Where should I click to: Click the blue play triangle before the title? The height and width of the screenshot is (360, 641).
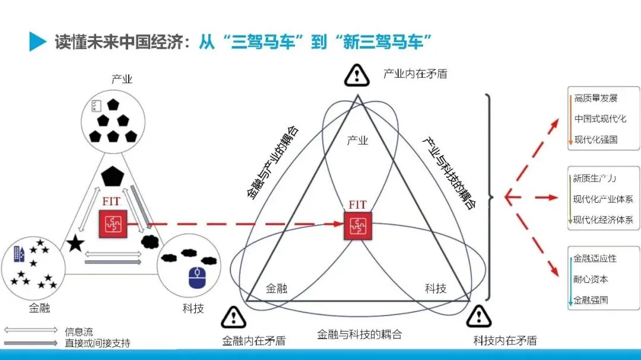click(x=37, y=42)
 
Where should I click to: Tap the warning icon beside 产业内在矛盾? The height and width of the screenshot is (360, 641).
click(x=357, y=75)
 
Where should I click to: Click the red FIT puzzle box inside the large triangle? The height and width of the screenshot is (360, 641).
click(x=357, y=226)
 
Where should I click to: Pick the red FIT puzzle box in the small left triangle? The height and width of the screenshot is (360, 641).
click(x=111, y=223)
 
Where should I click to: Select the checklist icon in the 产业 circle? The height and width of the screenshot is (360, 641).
click(x=95, y=106)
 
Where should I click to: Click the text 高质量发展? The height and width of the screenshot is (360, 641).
click(x=596, y=97)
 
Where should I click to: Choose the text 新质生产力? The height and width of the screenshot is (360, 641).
click(x=595, y=178)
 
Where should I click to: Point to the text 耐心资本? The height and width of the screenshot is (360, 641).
click(x=591, y=279)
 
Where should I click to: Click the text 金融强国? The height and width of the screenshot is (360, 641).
click(x=591, y=300)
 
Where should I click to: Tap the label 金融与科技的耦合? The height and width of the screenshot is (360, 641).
click(x=360, y=334)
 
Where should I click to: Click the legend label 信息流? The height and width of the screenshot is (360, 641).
click(x=79, y=332)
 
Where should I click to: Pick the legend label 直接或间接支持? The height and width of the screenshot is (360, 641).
click(x=97, y=343)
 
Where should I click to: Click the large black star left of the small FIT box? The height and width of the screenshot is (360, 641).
click(x=75, y=243)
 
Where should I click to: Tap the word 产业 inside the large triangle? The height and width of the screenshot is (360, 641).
click(x=357, y=141)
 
